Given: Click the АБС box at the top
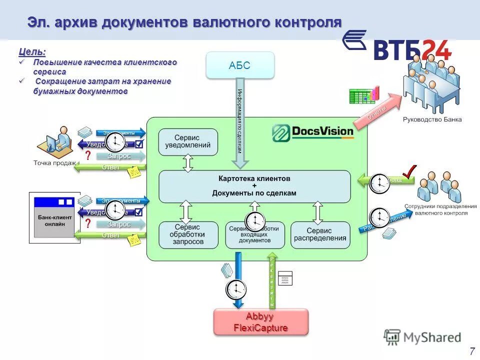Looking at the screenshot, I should pos(240,65).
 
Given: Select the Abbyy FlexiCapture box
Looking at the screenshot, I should pos(261,322).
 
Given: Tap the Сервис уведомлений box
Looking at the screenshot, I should pos(188,141).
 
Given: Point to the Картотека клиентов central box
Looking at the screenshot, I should pos(254,185).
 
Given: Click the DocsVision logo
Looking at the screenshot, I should pos(313,132).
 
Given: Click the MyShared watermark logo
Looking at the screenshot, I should pos(422,337).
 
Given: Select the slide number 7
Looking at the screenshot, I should pos(472,350).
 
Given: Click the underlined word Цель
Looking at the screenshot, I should pos(32,51).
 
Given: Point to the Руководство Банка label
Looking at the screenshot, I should pos(432,119).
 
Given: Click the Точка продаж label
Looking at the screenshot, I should pos(54,163).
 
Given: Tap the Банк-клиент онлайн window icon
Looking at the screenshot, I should pos(53,217).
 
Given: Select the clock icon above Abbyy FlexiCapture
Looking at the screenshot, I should pos(236,289).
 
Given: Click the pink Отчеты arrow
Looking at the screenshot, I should pos(376,112).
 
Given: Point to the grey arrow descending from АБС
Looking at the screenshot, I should pos(240,125).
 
